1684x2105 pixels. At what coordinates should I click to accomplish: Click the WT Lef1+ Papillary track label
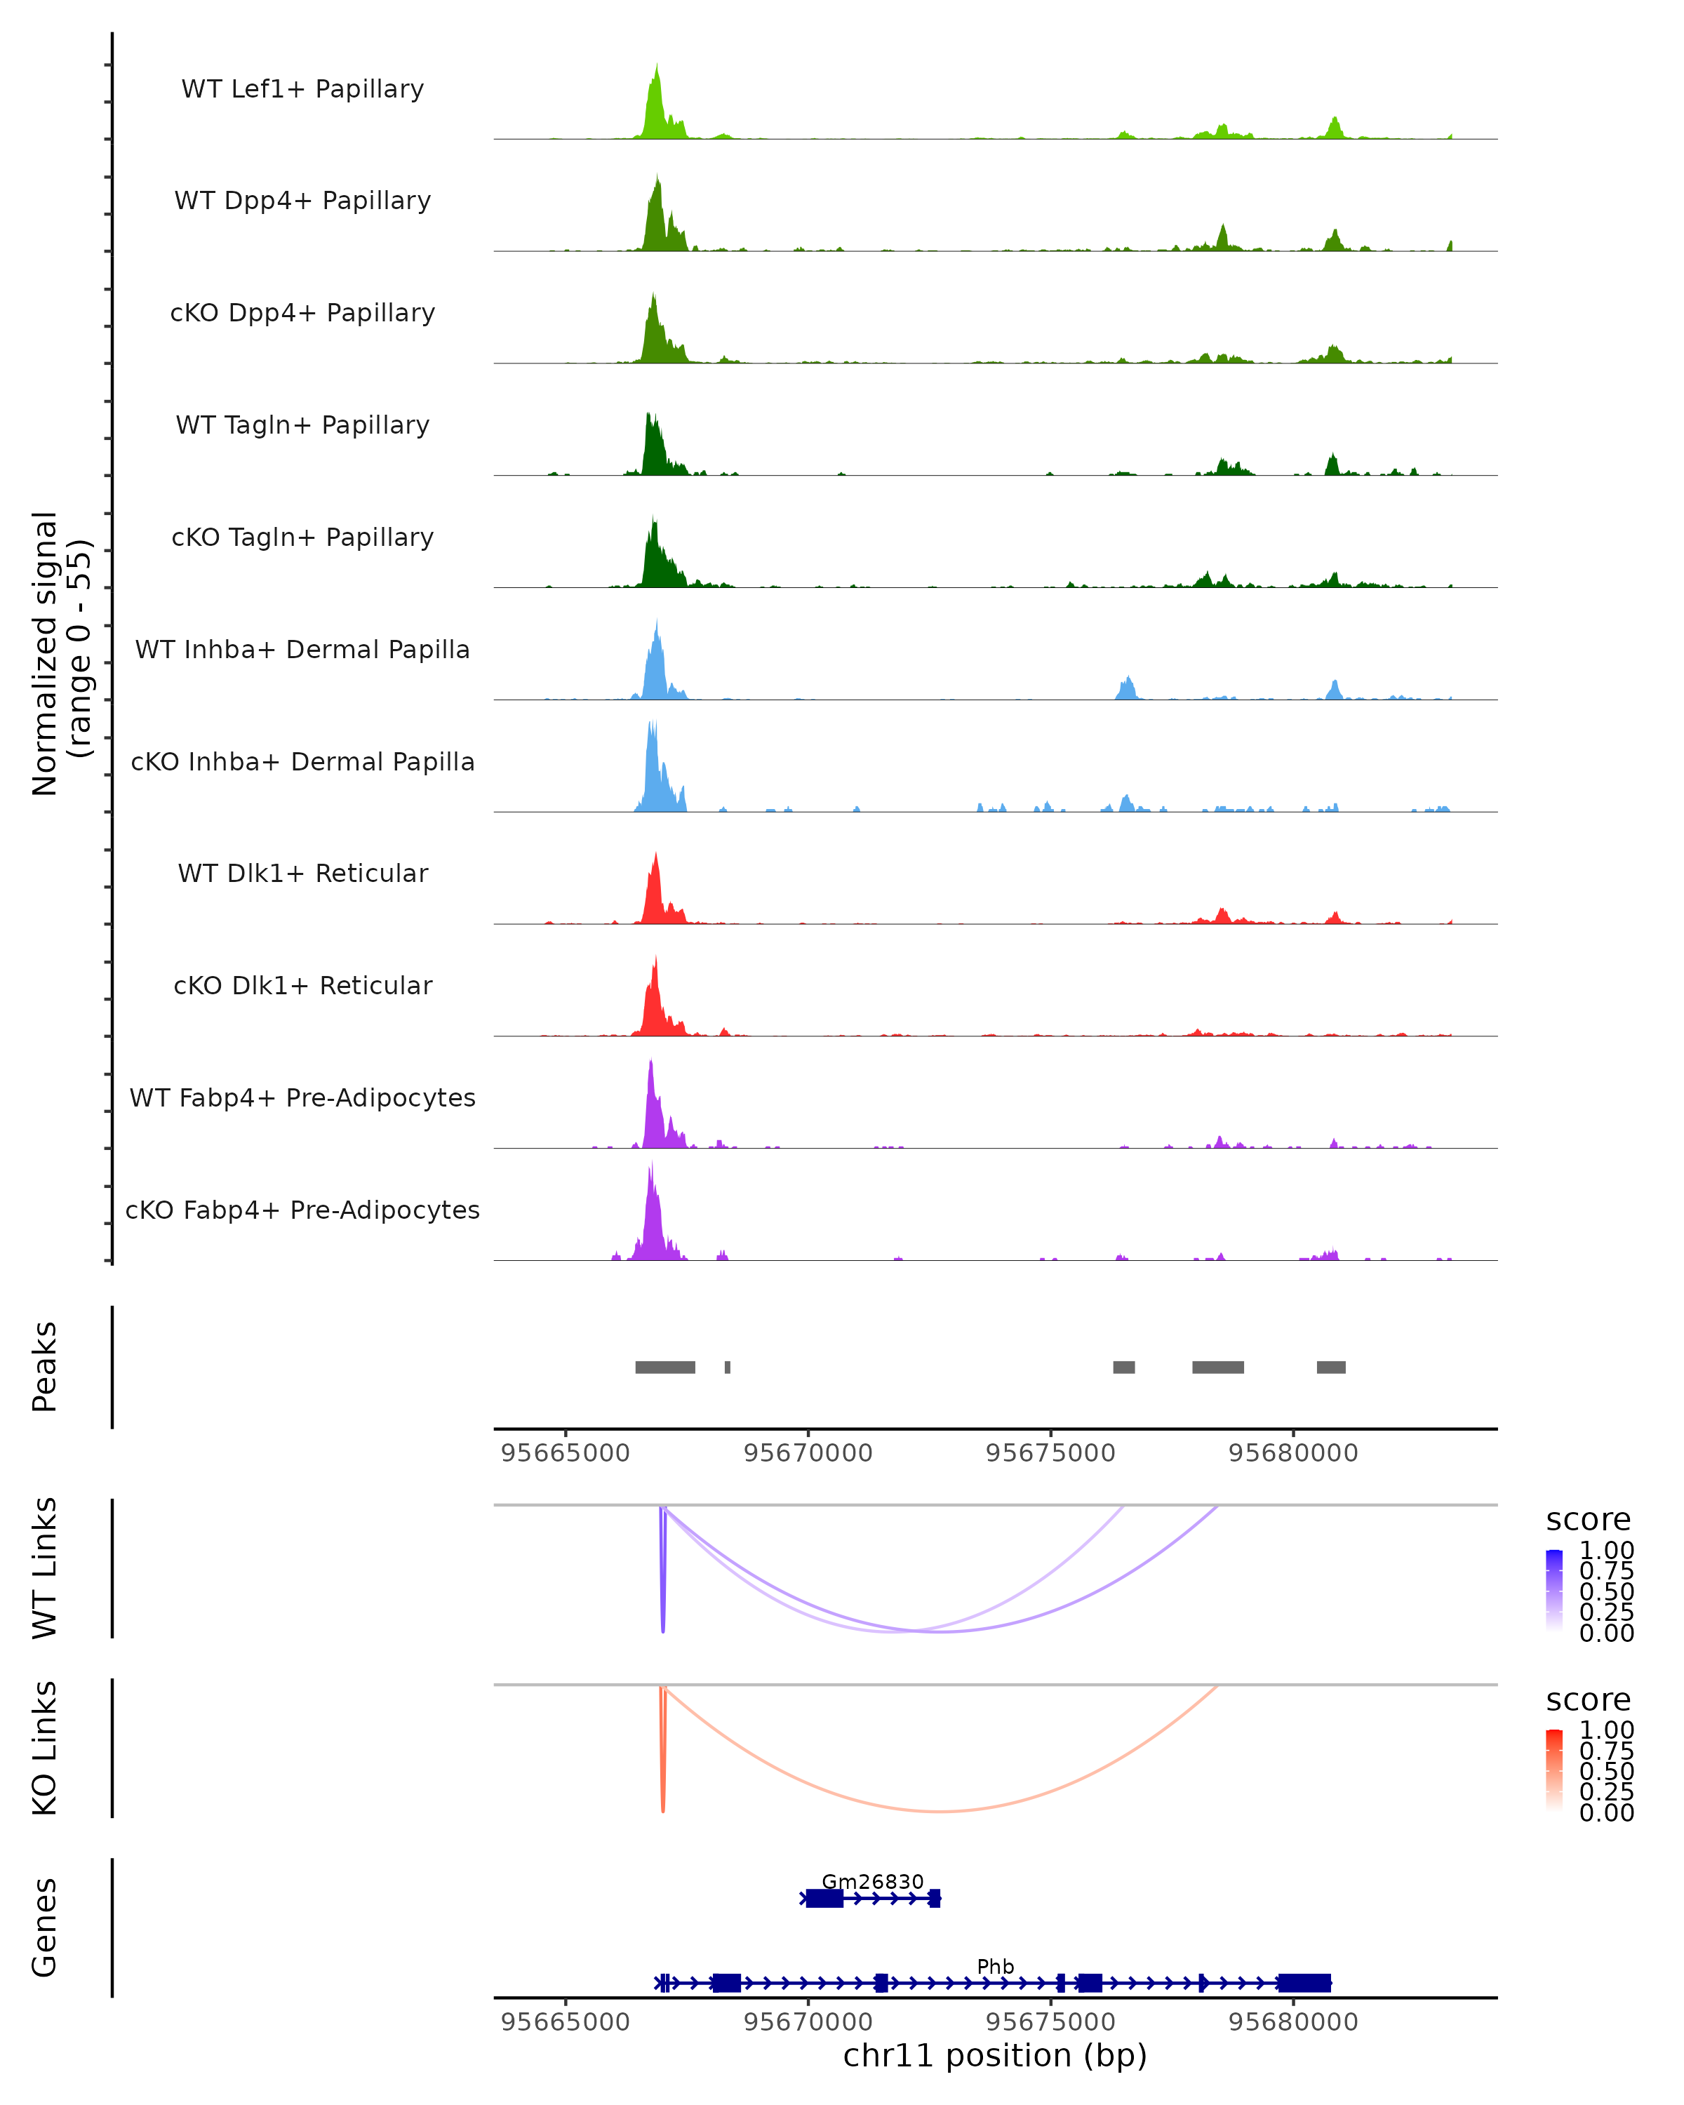[302, 89]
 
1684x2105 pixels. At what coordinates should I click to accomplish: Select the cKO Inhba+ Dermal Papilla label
[302, 761]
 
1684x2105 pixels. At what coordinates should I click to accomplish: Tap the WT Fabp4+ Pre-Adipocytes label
[302, 1097]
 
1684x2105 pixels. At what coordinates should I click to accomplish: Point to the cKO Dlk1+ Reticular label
[302, 985]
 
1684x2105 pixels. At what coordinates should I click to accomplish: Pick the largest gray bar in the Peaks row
[664, 1367]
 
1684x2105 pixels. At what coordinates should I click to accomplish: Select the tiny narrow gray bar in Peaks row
[728, 1367]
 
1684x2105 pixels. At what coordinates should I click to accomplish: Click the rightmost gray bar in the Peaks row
[1330, 1367]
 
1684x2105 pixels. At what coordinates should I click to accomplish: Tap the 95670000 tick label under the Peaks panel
[808, 1453]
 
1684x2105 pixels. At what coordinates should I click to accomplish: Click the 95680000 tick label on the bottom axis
[1293, 2022]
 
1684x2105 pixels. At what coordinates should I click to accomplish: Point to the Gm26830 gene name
[873, 1881]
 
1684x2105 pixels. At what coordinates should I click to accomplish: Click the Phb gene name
[996, 1966]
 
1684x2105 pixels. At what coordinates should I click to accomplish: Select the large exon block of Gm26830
[825, 1898]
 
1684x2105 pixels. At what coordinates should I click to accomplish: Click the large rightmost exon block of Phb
[1304, 1983]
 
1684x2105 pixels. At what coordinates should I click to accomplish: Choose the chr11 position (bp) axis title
[995, 2055]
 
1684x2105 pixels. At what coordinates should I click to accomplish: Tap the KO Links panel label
[45, 1748]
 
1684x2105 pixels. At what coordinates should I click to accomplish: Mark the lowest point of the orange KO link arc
[939, 1811]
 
